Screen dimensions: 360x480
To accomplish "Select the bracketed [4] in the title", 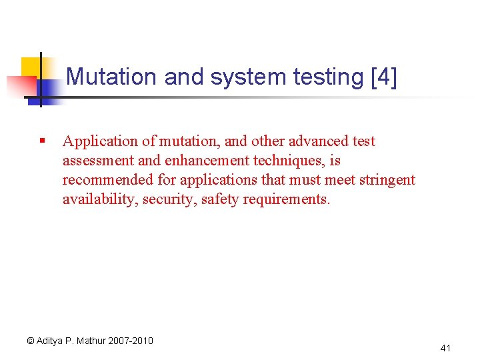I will point(383,77).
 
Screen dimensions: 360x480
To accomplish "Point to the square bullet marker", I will point(41,141).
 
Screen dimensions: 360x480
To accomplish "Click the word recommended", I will point(109,180).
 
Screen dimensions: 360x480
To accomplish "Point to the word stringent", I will point(387,180).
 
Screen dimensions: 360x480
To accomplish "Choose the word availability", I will point(98,199).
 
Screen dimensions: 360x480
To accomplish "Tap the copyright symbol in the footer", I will point(30,341).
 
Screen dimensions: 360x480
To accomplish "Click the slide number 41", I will point(446,348).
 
